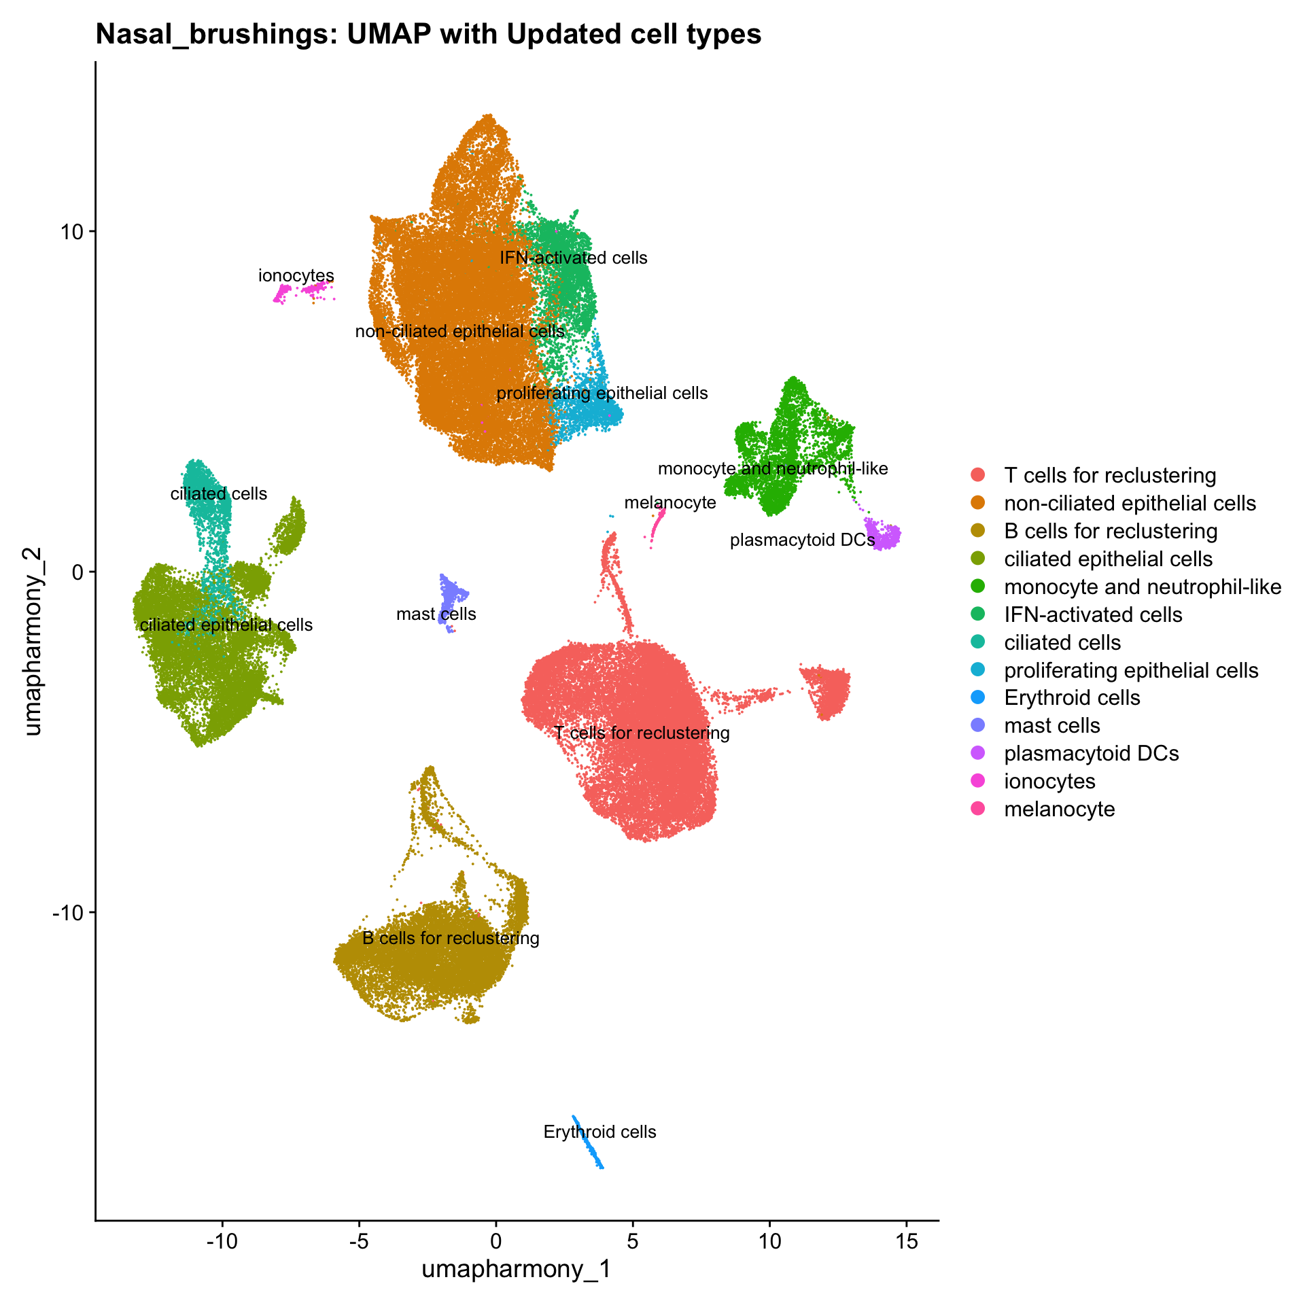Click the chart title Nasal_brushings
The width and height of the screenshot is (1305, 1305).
pos(428,34)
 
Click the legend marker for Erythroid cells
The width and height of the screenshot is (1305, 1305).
pos(978,698)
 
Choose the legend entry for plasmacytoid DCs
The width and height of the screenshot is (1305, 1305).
pos(1091,754)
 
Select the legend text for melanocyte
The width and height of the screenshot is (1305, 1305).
pos(1059,810)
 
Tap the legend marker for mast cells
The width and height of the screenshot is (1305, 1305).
pos(978,726)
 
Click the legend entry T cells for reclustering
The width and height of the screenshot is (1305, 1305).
pos(1109,475)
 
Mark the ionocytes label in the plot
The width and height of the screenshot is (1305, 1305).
pos(296,276)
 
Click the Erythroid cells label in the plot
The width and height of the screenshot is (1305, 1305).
pos(599,1132)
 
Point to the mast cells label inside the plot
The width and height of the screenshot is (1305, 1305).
pos(436,614)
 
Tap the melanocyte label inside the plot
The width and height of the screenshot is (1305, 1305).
pos(670,502)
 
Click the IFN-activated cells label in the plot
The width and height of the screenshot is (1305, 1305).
pos(574,258)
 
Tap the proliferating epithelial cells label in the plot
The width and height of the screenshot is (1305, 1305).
pos(602,394)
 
